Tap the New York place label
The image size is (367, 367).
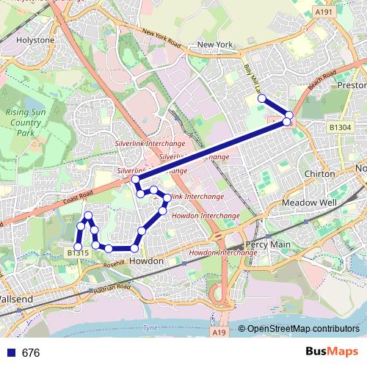point(215,45)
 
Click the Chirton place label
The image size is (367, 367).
point(319,173)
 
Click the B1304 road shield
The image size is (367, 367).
point(340,128)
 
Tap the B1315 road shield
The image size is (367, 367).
point(77,253)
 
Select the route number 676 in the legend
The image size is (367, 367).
point(31,353)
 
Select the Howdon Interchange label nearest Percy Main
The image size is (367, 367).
point(222,252)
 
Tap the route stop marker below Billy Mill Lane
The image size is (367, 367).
point(261,98)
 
